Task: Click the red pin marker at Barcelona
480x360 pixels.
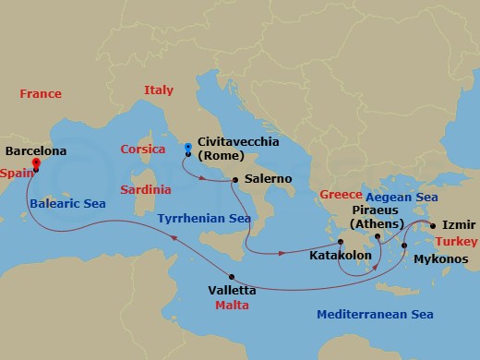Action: pos(36,165)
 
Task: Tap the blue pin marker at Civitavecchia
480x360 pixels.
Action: pos(187,148)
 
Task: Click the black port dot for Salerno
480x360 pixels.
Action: pos(235,180)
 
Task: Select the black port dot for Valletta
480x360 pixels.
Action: pos(231,277)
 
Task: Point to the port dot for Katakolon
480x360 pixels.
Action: pos(341,241)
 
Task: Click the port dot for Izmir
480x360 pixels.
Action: pos(431,224)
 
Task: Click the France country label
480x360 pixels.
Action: pos(40,93)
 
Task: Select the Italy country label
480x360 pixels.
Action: pos(158,90)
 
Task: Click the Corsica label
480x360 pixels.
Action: pos(143,150)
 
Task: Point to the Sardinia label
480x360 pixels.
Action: pos(146,189)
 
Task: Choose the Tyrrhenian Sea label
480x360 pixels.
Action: pos(204,219)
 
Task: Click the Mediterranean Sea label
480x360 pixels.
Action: pos(375,315)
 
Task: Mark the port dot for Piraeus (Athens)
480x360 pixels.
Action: pos(378,236)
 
